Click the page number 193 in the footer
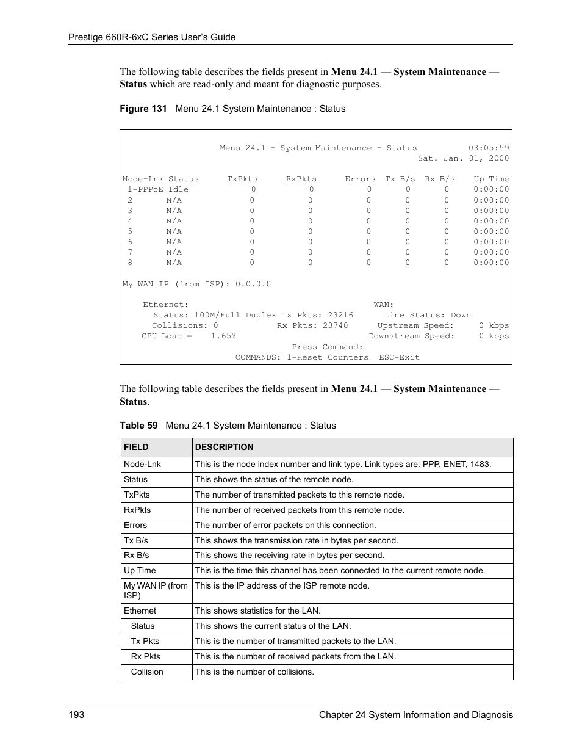[76, 715]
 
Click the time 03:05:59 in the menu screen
[488, 148]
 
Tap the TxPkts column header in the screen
[242, 179]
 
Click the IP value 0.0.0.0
[253, 284]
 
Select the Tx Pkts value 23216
[340, 315]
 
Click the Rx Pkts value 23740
[335, 325]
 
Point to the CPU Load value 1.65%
[223, 336]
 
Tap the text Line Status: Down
[427, 315]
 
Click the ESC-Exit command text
[399, 357]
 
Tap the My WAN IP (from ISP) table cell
[156, 590]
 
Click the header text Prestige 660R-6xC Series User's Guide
[151, 37]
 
